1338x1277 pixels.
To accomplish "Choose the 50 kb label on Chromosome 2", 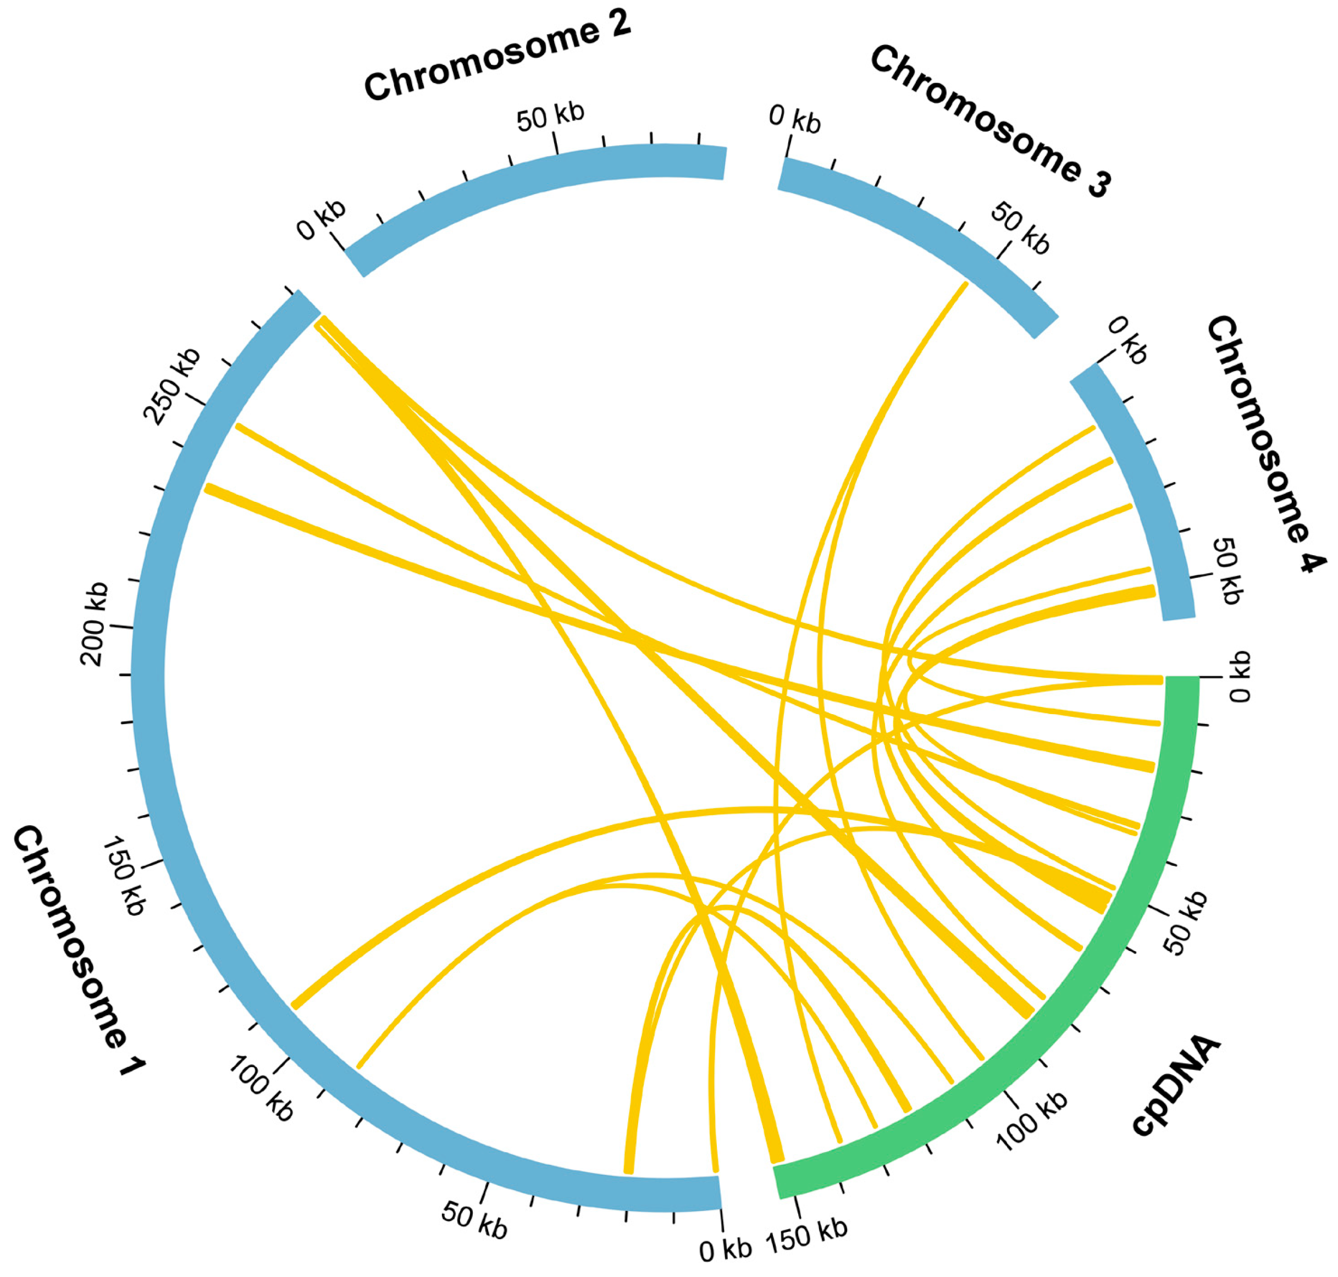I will point(550,117).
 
